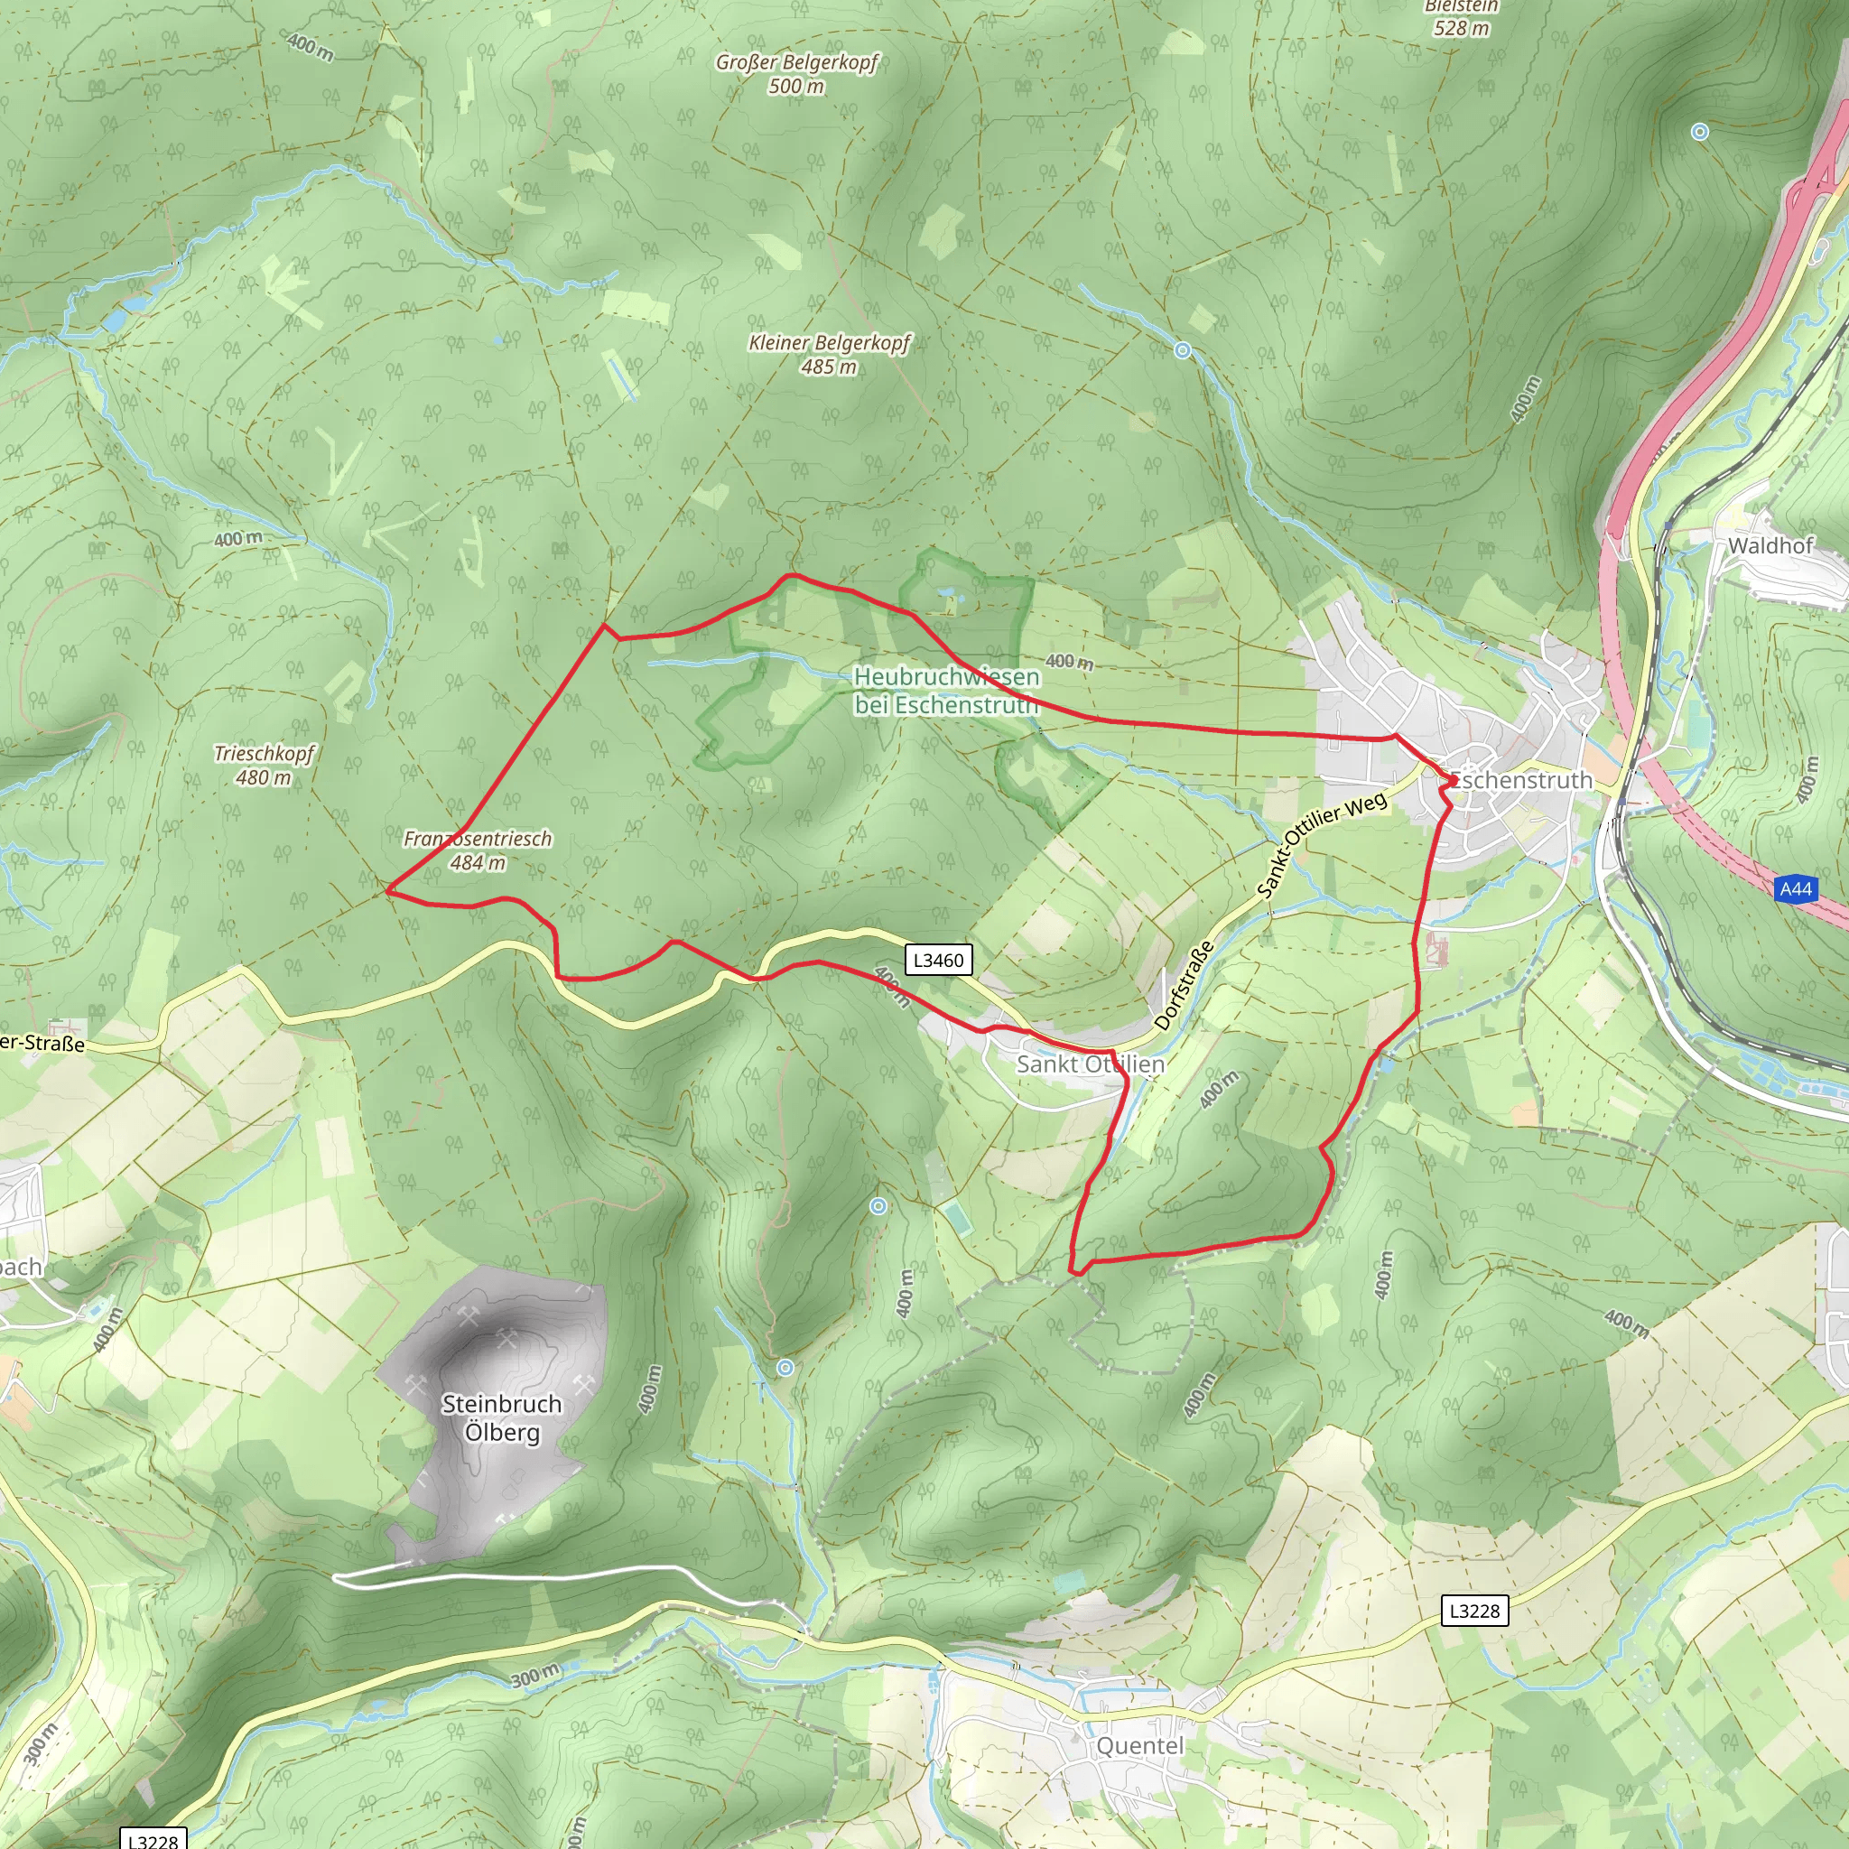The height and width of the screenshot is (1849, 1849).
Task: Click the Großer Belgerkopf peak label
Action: [796, 74]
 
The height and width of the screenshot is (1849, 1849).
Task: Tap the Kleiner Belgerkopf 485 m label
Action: [829, 354]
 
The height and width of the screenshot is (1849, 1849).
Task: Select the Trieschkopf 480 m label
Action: [264, 765]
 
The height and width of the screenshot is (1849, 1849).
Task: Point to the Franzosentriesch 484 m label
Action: [478, 850]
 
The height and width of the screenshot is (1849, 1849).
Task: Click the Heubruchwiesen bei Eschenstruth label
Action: [945, 690]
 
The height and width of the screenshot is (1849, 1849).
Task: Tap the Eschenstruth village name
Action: [1520, 780]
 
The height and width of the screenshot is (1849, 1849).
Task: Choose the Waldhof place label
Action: [1770, 545]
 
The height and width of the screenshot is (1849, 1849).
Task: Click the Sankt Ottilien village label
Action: [1090, 1064]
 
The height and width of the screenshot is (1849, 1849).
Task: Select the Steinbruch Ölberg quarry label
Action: [501, 1417]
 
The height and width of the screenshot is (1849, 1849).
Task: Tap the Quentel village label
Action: [1140, 1746]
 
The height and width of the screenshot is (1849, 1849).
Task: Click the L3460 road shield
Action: [938, 960]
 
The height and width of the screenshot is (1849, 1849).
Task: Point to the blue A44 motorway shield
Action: [1796, 889]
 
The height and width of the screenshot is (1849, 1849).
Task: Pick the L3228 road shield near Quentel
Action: [1475, 1611]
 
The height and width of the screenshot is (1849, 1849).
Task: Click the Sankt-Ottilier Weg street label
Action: [1322, 845]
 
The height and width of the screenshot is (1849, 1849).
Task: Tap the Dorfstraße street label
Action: [1184, 985]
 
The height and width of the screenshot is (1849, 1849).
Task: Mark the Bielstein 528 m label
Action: [1461, 18]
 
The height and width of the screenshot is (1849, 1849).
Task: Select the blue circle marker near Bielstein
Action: [1700, 132]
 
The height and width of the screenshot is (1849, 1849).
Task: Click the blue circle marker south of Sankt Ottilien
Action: [878, 1207]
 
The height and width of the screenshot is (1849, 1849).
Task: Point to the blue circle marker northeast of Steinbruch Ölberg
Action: [785, 1368]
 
